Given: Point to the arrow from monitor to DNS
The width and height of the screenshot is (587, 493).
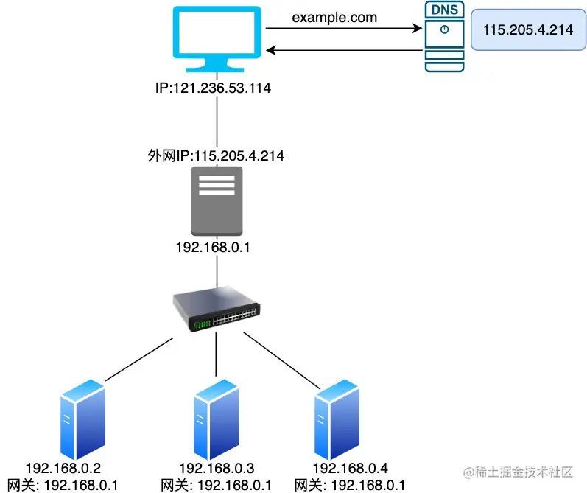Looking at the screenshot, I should coord(342,29).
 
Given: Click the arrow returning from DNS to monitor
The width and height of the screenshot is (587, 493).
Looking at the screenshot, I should coord(342,50).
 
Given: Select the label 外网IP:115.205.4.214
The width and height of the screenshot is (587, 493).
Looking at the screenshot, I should coord(217,156).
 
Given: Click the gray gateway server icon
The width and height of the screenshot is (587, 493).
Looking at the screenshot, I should coord(217,201).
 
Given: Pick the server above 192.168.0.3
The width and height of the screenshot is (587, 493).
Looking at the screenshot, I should coord(217,420).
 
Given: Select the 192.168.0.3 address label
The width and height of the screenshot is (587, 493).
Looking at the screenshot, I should coord(217,468).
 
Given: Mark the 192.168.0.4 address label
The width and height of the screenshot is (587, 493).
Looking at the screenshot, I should coord(350,468).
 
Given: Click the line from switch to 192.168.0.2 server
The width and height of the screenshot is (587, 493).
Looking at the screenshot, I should coord(140,360).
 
